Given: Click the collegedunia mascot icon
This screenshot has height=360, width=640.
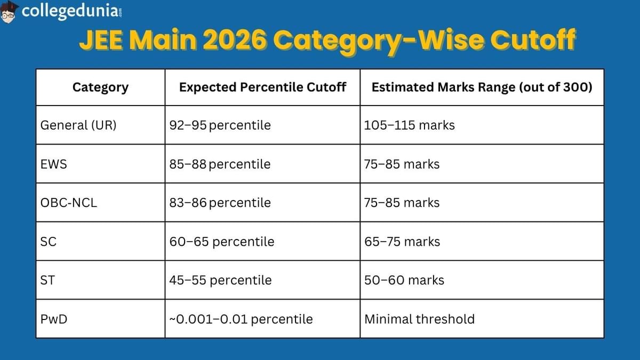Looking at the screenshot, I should [x=10, y=11].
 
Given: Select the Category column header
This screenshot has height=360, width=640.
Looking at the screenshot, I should [x=100, y=87].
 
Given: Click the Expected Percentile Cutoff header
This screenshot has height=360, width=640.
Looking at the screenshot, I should [x=262, y=87].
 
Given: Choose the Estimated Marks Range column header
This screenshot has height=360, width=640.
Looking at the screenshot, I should [x=482, y=87].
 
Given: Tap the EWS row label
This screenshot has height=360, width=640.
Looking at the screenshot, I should [x=54, y=164].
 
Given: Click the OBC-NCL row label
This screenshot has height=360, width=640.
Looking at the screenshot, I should [x=69, y=203].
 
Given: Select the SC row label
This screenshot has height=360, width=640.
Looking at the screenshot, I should [x=49, y=242].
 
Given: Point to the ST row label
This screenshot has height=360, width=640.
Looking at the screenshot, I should [x=47, y=280].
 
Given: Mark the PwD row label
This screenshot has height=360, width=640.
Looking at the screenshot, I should [x=53, y=319].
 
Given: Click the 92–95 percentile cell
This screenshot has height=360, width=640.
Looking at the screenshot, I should [x=220, y=125].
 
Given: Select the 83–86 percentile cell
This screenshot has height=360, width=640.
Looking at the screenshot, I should [x=220, y=203].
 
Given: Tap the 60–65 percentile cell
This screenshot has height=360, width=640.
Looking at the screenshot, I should [x=221, y=242].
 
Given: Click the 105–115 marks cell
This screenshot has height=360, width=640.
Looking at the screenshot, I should [x=409, y=125].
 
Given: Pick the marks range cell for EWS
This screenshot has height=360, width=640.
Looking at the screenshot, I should [x=402, y=164].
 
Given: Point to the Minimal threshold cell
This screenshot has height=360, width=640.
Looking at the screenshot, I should [x=419, y=319].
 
